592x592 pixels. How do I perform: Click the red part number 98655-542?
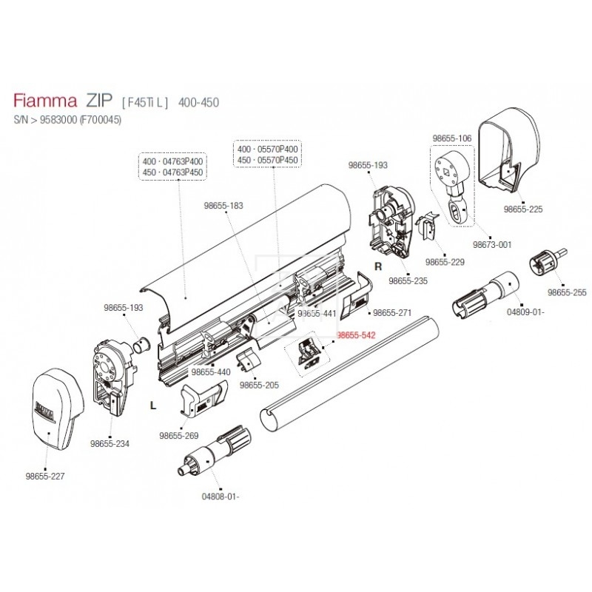(x=356, y=335)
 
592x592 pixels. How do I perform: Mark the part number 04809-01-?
(x=525, y=312)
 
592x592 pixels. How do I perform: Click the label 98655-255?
(x=567, y=292)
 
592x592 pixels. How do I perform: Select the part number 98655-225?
(x=523, y=209)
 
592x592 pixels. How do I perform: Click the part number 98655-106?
(x=451, y=138)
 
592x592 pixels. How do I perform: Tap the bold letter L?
(x=152, y=406)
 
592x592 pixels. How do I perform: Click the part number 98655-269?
(x=179, y=435)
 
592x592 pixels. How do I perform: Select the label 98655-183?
(x=223, y=205)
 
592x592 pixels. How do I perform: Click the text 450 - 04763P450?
(x=173, y=172)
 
